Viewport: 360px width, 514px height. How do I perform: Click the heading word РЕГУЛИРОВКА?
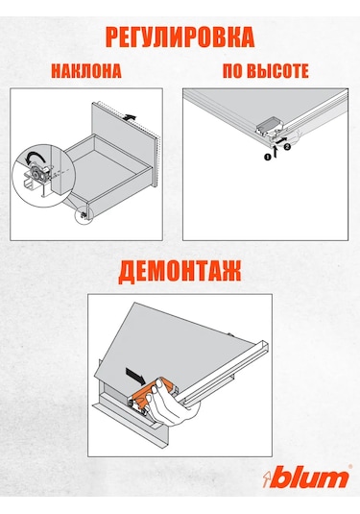pos(180,37)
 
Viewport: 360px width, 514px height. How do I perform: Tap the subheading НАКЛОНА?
pos(89,71)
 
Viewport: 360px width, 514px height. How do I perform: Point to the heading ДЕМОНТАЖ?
pos(180,270)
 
